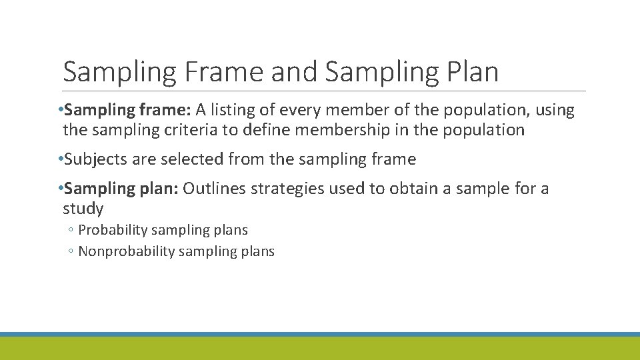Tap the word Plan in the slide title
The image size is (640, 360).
point(468,72)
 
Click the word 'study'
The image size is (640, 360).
point(83,209)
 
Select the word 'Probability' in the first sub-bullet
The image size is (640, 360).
point(113,230)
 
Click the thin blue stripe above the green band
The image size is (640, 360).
point(320,334)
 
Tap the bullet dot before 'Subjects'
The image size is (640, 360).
point(61,159)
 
